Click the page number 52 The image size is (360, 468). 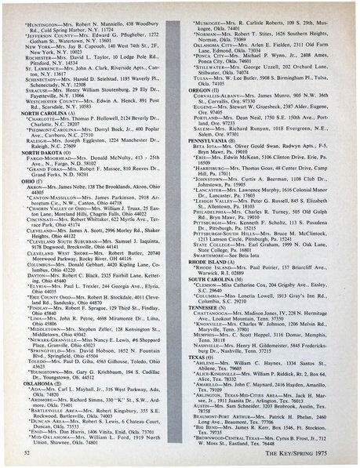[x=28, y=452]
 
